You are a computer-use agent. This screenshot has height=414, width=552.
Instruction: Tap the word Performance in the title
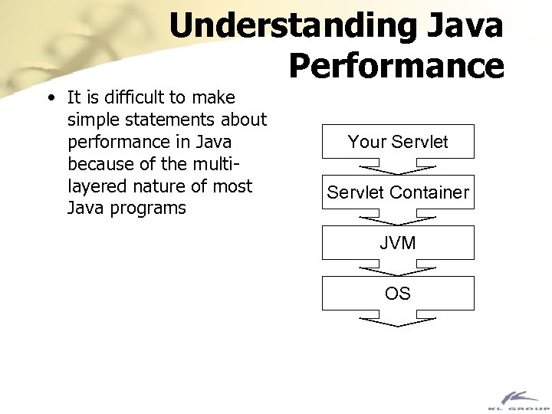click(x=396, y=66)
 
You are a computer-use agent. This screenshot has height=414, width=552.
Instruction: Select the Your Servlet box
click(x=398, y=142)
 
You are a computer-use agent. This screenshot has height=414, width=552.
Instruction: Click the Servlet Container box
click(x=398, y=192)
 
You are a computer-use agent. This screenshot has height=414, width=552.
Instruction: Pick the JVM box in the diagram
click(x=398, y=243)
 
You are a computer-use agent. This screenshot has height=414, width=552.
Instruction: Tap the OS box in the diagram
click(x=398, y=294)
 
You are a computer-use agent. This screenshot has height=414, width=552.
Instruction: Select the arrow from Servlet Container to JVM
click(x=398, y=217)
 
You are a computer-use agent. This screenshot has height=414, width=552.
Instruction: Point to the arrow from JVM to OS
click(x=398, y=268)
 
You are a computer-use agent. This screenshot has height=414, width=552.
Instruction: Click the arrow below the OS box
click(x=398, y=319)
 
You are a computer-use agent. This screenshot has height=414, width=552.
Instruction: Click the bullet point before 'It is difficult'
click(x=50, y=98)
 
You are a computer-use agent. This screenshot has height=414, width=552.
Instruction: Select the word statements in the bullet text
click(x=186, y=120)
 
